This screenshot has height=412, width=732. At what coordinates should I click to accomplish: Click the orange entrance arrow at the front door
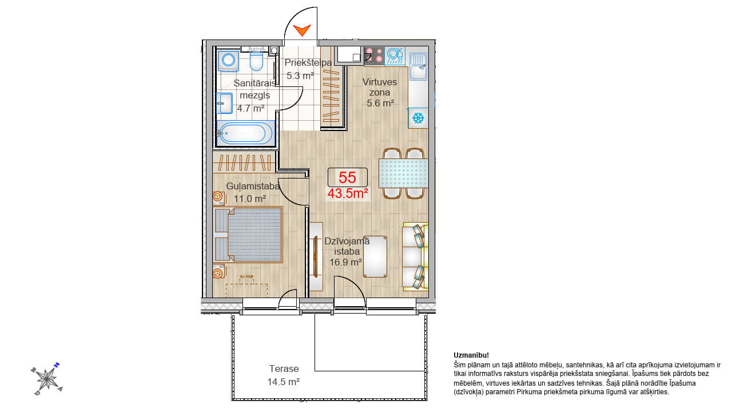[302, 30]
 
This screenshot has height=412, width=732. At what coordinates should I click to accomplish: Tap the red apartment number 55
[347, 177]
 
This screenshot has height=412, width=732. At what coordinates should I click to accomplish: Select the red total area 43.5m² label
[348, 193]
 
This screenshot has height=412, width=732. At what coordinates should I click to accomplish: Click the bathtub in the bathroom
[245, 133]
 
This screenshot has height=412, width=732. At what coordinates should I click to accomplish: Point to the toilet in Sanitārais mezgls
[256, 61]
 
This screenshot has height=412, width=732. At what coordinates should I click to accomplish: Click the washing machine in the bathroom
[228, 61]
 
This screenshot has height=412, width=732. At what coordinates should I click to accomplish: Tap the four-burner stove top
[374, 56]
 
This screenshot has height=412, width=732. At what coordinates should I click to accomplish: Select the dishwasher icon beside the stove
[395, 56]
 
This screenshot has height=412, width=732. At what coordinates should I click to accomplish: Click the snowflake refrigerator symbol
[418, 118]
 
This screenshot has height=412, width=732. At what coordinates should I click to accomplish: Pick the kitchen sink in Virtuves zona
[418, 67]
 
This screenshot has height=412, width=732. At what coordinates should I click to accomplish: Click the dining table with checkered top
[404, 173]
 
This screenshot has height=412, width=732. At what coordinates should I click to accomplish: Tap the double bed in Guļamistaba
[248, 235]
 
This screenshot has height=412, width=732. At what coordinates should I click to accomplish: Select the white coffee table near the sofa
[375, 257]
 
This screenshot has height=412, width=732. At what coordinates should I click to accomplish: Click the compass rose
[47, 379]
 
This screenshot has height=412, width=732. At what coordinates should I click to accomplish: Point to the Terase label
[284, 369]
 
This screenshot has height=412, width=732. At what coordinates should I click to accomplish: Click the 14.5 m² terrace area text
[284, 382]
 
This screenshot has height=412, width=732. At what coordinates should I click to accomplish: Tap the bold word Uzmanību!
[471, 355]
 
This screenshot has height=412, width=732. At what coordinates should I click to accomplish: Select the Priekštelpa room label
[308, 62]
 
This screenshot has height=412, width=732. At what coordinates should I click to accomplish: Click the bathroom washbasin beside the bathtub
[225, 103]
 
